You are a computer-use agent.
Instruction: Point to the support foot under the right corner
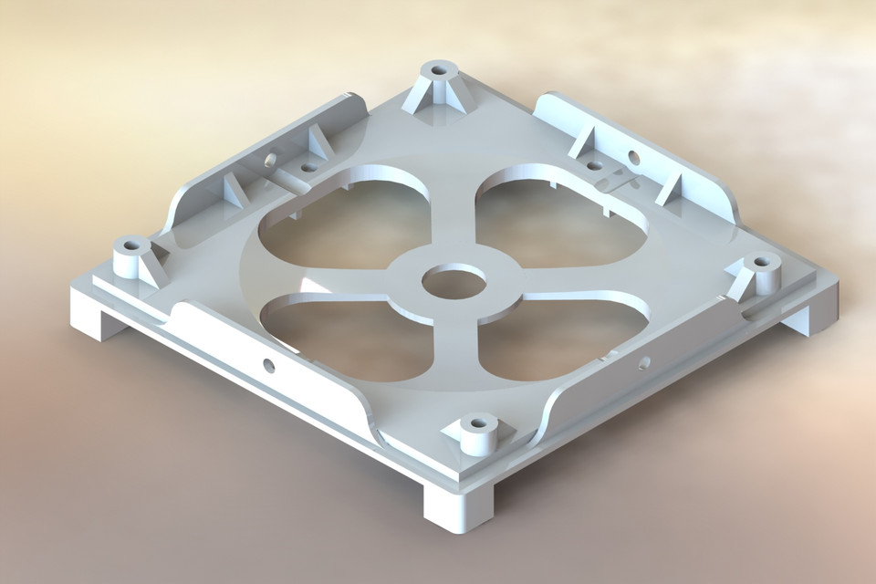point(794,318)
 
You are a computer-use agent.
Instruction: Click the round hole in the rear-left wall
point(270,159)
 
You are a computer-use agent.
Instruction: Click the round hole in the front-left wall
point(268,365)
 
